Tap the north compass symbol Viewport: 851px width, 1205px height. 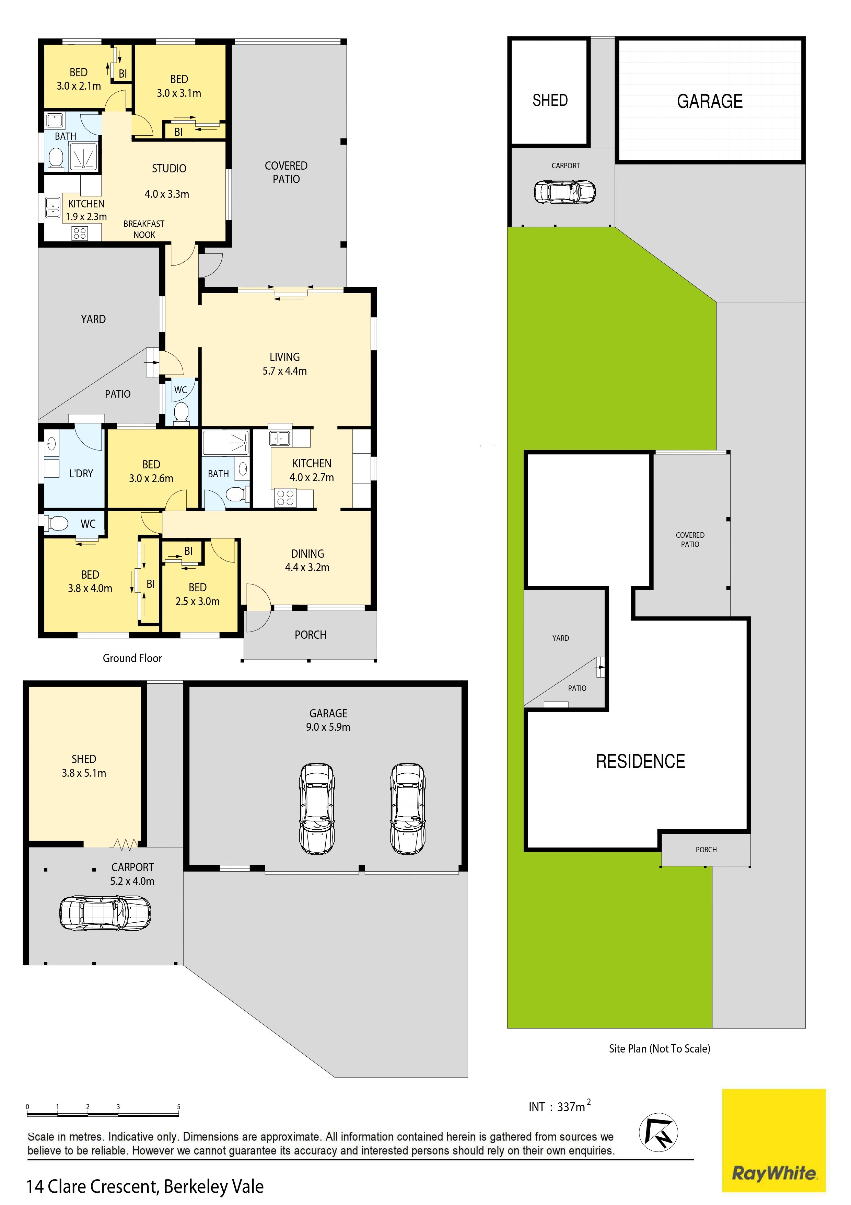click(x=658, y=1132)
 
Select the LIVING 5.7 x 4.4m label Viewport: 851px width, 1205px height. click(x=285, y=364)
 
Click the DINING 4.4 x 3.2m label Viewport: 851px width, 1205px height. click(x=307, y=560)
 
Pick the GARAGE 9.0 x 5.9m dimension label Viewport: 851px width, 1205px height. click(x=328, y=720)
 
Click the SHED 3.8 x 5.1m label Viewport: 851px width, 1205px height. click(x=84, y=766)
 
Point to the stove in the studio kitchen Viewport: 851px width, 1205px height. click(x=80, y=233)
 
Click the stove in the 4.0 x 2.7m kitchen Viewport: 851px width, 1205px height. click(x=285, y=498)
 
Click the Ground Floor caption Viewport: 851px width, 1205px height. click(x=132, y=658)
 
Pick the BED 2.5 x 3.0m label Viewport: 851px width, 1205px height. click(x=197, y=594)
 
